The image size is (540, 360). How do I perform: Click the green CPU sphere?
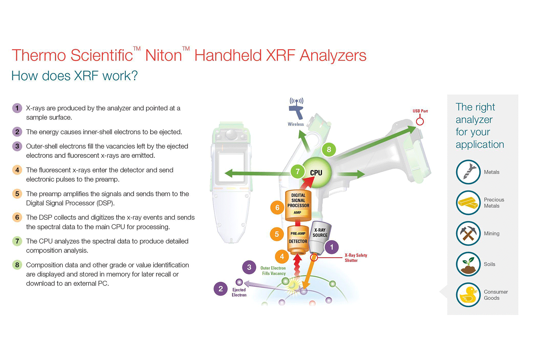(x=316, y=172)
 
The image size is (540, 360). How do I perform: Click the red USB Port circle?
(x=420, y=121)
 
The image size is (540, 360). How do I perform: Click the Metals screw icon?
(x=468, y=172)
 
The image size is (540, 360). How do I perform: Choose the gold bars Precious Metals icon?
(x=468, y=202)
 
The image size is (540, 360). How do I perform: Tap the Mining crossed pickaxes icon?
(x=468, y=233)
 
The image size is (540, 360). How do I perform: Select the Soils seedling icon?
(x=468, y=264)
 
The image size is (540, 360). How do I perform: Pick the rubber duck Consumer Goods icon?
(x=468, y=295)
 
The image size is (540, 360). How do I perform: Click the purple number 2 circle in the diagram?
(x=220, y=289)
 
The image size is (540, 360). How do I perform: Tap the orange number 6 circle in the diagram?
(x=277, y=207)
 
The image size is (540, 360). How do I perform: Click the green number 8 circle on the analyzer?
(x=329, y=149)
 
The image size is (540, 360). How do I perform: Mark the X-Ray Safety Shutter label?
(x=355, y=258)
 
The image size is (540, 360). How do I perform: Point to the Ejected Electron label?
(x=239, y=292)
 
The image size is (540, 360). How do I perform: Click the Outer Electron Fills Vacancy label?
(x=273, y=271)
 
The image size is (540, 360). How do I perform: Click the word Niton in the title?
(x=163, y=56)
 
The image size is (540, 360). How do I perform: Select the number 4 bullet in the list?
(x=17, y=170)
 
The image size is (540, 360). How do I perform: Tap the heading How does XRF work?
(x=75, y=76)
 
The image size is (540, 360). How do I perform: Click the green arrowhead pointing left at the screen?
(x=229, y=173)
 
